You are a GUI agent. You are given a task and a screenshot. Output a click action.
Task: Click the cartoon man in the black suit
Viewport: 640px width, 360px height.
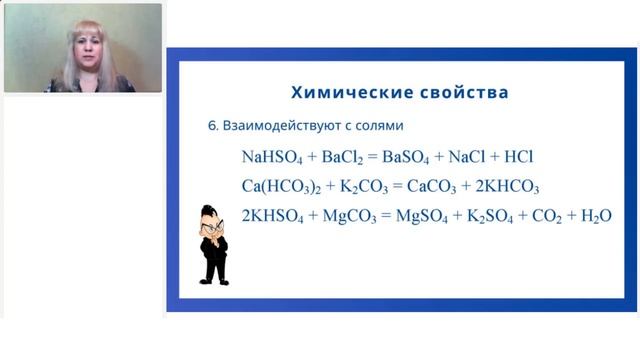tap(214, 245)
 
